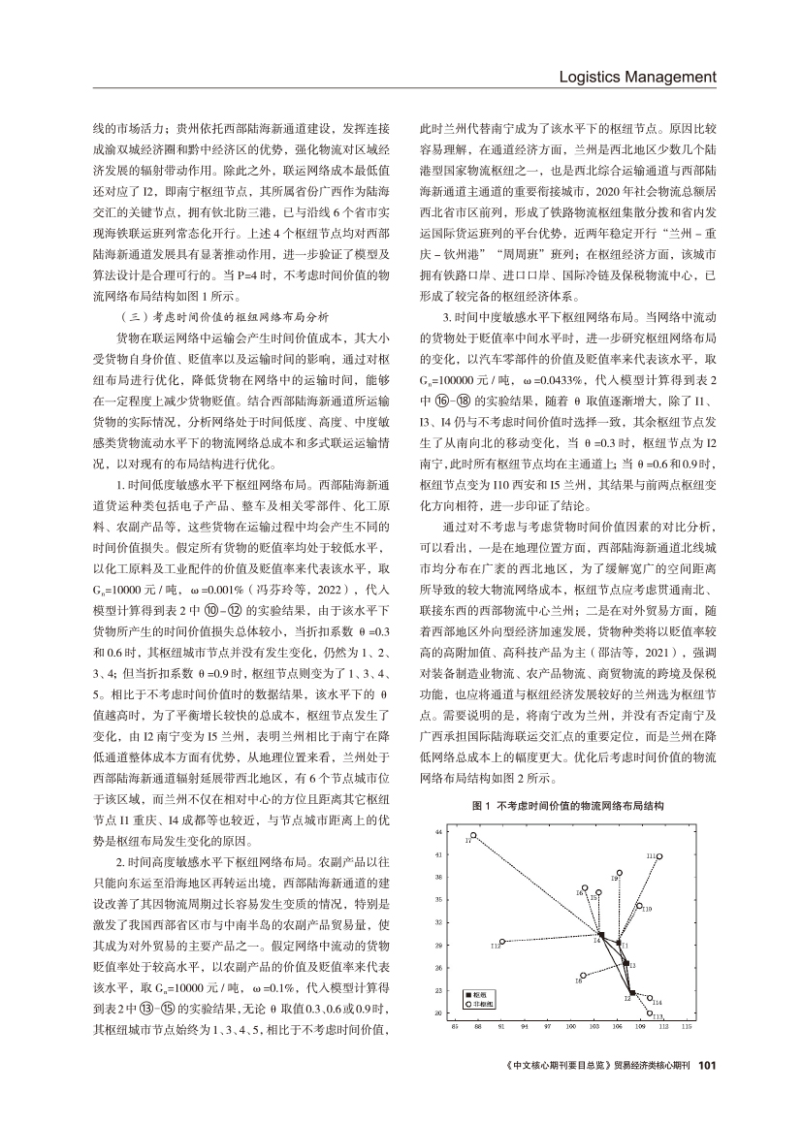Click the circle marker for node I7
point(473,835)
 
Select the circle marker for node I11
point(659,856)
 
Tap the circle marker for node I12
point(501,942)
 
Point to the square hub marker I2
point(630,993)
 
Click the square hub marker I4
point(601,935)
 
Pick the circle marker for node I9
point(620,873)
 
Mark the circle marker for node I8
point(583,976)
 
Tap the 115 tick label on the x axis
point(687,1025)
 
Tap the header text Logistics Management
point(638,77)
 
